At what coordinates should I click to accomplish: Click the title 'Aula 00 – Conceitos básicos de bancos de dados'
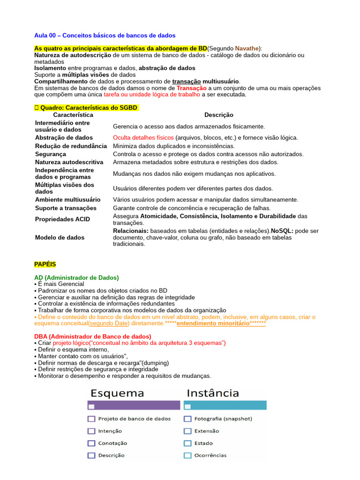tap(105, 36)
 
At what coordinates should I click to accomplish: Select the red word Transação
tap(191, 88)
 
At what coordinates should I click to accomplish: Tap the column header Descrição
tap(218, 115)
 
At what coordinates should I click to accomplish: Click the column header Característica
tap(73, 115)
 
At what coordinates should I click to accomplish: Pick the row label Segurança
tap(51, 154)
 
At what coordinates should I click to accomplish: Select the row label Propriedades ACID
tap(62, 219)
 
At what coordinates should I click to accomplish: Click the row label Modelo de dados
tap(60, 238)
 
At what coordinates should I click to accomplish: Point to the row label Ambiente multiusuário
tap(67, 200)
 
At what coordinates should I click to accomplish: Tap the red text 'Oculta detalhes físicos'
tap(143, 138)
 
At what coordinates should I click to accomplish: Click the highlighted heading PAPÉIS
tap(45, 265)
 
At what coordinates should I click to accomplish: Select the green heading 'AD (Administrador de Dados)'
tap(76, 277)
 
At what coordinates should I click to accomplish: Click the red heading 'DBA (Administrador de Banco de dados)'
tap(93, 337)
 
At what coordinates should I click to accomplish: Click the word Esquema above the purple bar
tap(117, 393)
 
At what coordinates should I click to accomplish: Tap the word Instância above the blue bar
tap(213, 393)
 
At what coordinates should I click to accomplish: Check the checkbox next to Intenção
tap(91, 431)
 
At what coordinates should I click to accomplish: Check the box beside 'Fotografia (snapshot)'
tap(187, 419)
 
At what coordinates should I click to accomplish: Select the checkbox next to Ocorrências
tap(187, 455)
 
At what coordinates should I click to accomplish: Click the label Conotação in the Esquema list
tap(112, 443)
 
